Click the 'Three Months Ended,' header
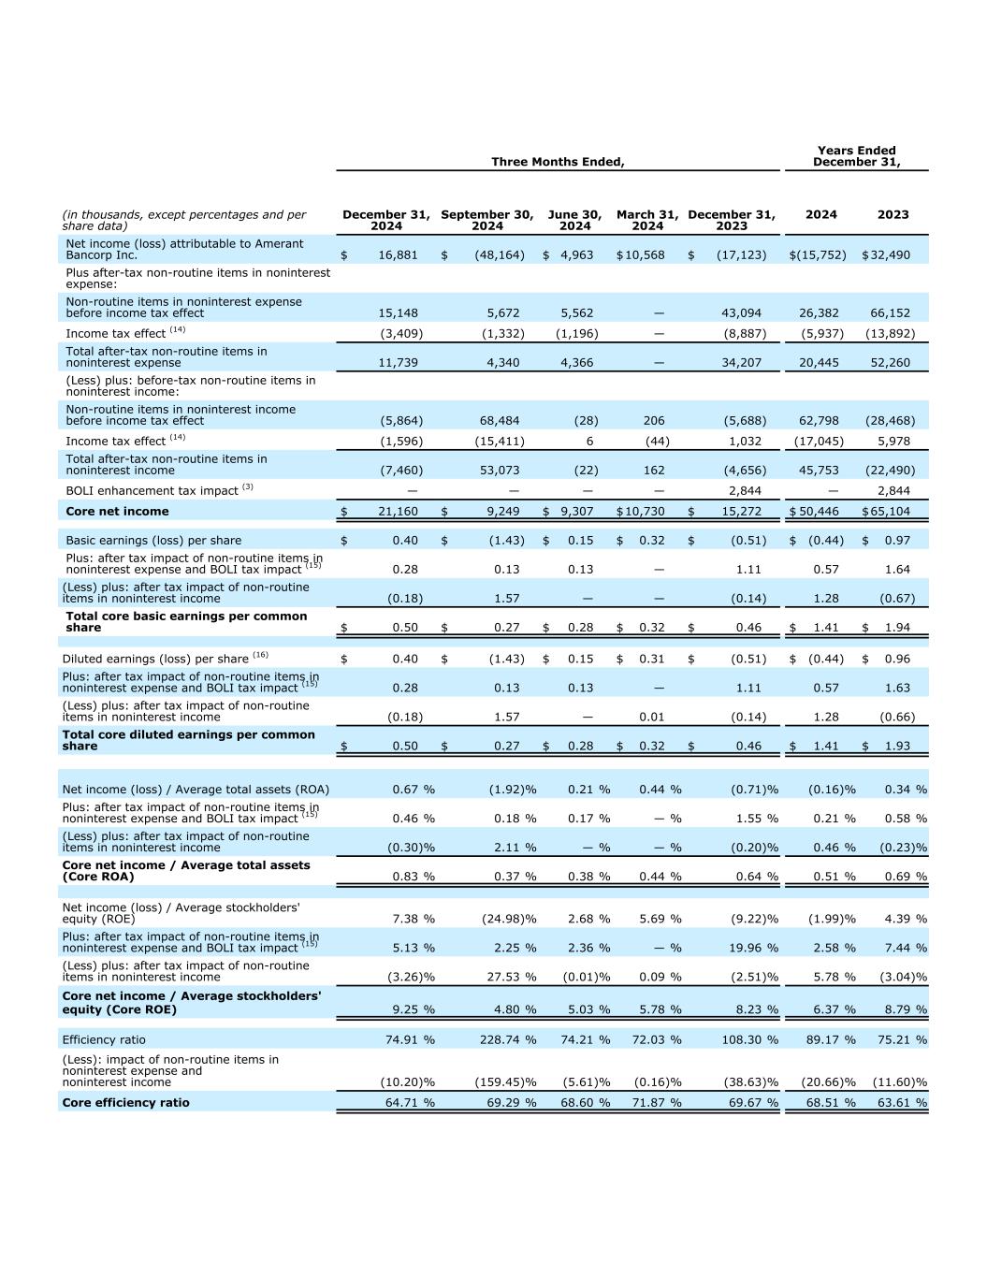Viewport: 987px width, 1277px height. click(558, 162)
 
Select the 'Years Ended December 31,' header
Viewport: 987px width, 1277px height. click(856, 156)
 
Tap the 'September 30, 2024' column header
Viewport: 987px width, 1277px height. click(486, 220)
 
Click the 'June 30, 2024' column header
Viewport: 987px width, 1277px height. click(574, 220)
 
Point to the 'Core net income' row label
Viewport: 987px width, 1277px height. click(117, 511)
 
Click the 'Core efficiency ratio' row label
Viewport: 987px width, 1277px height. click(125, 1102)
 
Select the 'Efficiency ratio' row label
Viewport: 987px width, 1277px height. click(104, 1039)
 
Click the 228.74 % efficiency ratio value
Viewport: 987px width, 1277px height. click(508, 1039)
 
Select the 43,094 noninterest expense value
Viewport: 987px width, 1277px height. click(741, 312)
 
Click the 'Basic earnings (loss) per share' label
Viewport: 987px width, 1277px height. click(153, 540)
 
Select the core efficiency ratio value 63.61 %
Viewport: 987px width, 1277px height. click(899, 1102)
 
